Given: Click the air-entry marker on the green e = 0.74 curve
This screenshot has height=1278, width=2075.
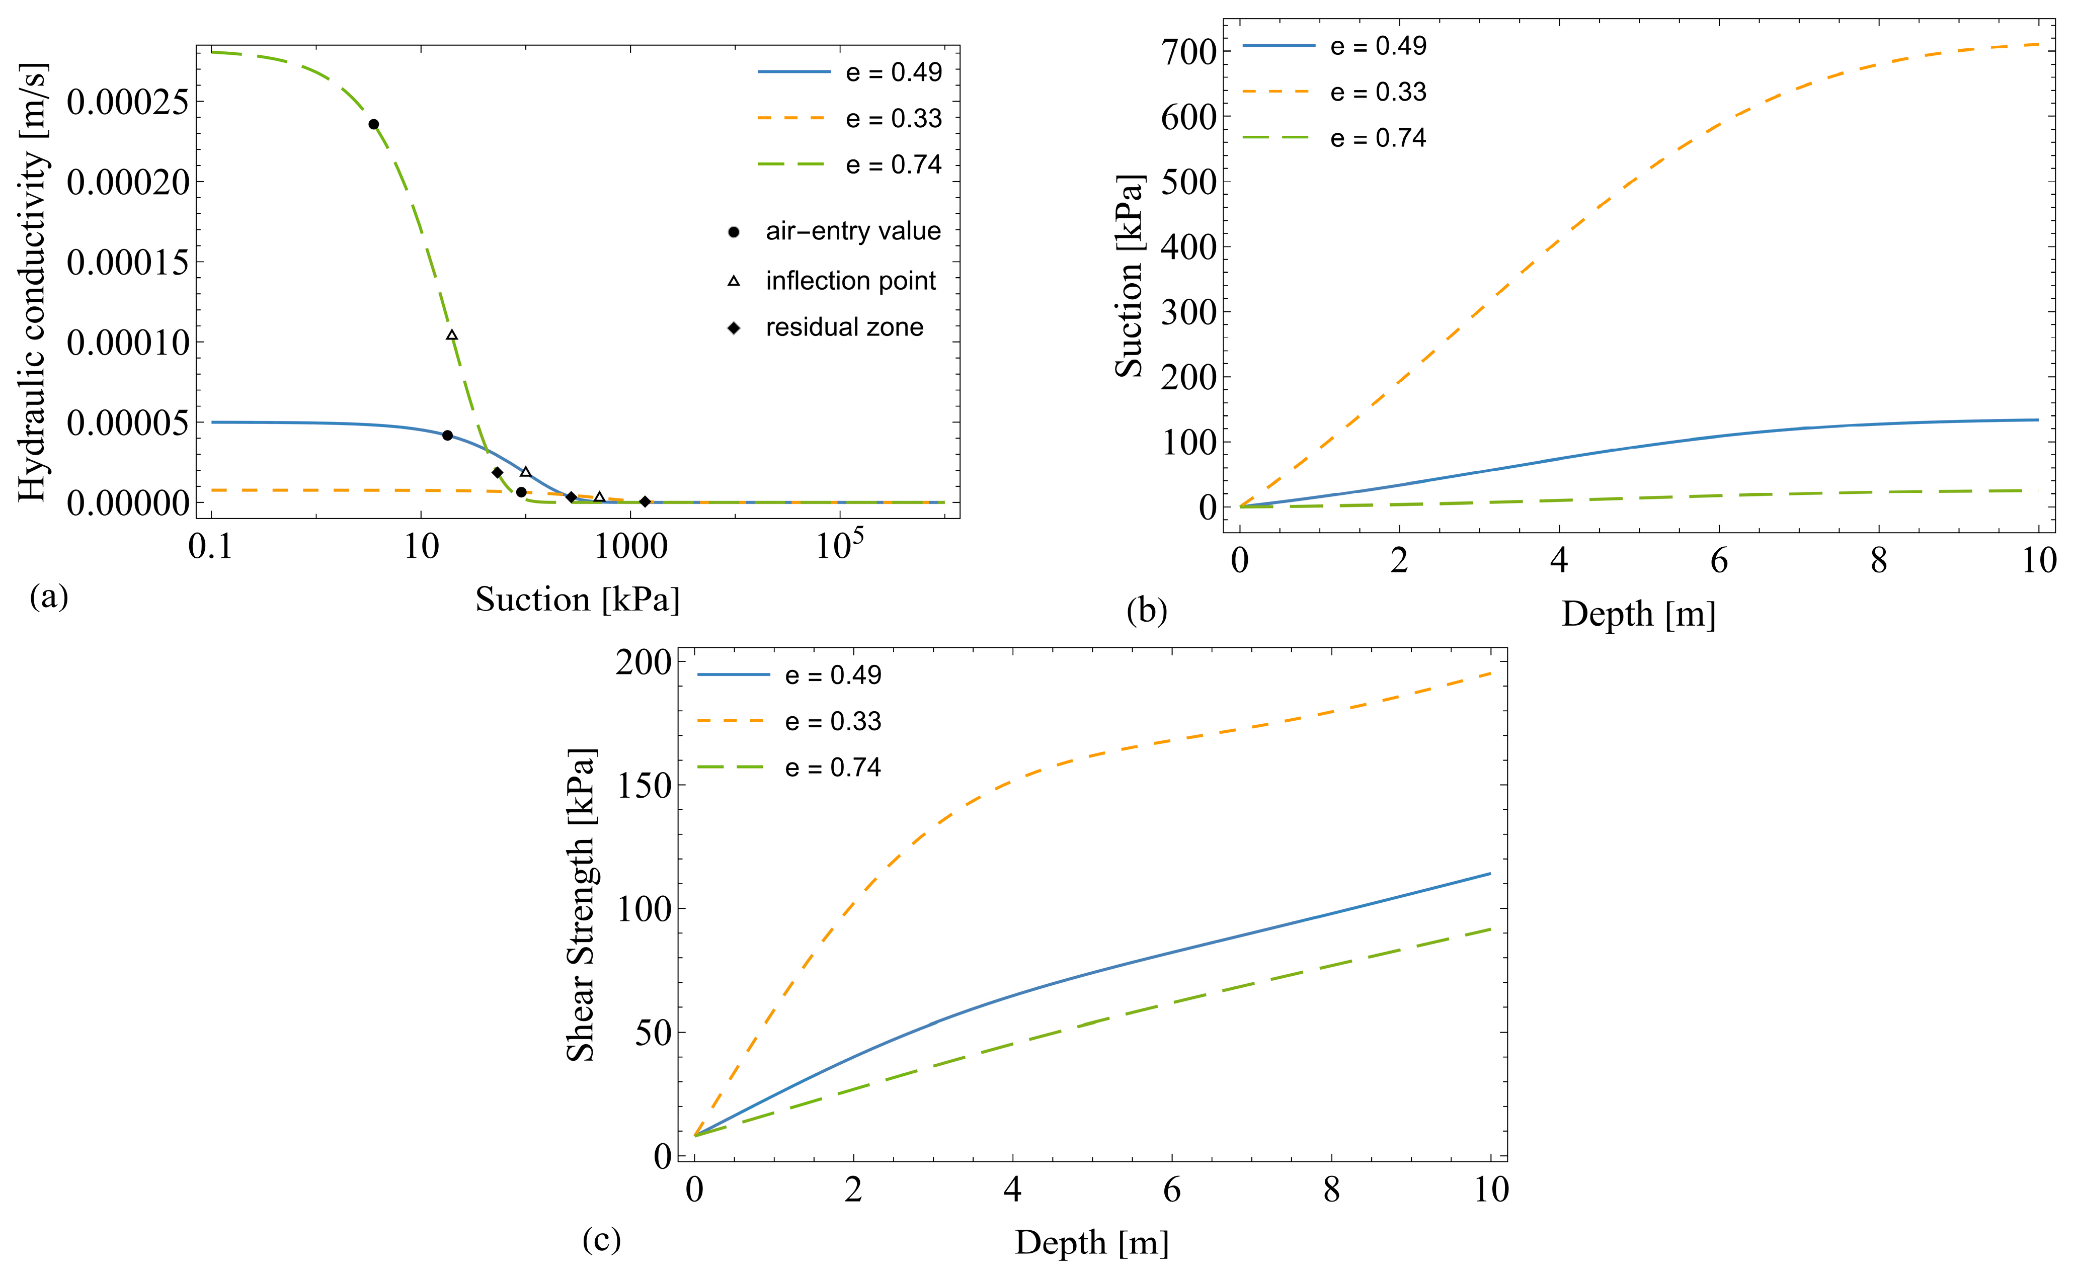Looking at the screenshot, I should [x=374, y=124].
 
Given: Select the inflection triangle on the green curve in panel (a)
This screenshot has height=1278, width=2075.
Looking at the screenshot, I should [x=452, y=335].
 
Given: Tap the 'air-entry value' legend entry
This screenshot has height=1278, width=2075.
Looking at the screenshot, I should [x=852, y=231].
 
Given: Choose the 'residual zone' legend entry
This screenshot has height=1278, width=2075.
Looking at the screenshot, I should [x=844, y=327].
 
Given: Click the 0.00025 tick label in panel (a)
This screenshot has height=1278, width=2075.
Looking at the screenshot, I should [x=128, y=102].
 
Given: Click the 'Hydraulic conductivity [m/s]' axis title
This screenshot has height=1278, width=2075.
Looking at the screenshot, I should [x=32, y=282].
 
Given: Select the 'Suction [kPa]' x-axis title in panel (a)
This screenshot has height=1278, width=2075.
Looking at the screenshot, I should [x=578, y=600].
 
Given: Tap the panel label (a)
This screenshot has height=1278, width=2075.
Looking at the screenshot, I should [x=48, y=597].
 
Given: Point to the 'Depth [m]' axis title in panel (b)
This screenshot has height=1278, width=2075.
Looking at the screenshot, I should [x=1638, y=615].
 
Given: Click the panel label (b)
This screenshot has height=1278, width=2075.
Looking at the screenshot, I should [x=1147, y=610].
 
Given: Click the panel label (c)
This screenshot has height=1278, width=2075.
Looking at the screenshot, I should [x=601, y=1239].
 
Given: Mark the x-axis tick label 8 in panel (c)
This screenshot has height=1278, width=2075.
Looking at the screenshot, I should [x=1331, y=1190].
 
